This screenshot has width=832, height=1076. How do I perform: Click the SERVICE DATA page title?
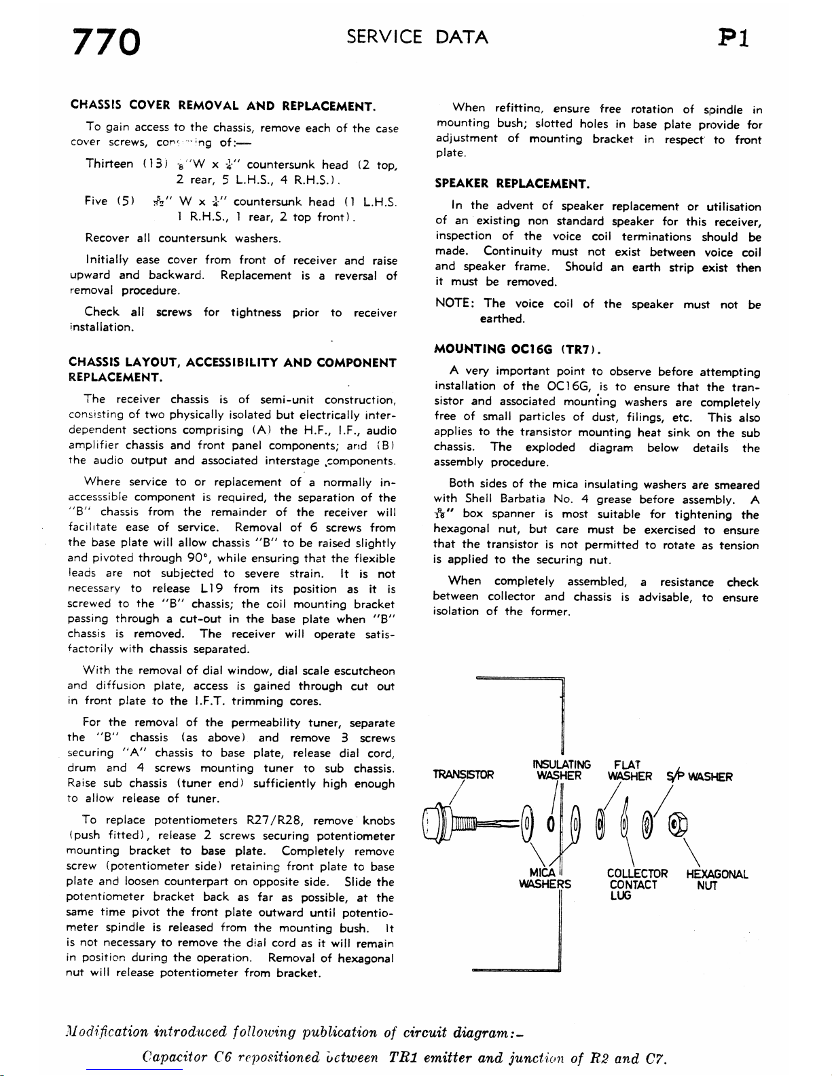[x=417, y=37]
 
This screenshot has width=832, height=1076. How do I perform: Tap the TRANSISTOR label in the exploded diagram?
[x=463, y=775]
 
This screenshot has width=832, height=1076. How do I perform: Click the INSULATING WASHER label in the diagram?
[x=563, y=770]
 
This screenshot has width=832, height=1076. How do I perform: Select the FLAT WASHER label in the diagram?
[x=630, y=770]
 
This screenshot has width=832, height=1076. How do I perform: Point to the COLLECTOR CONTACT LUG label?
[x=637, y=885]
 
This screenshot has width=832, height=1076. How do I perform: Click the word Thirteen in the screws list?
[x=109, y=164]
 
